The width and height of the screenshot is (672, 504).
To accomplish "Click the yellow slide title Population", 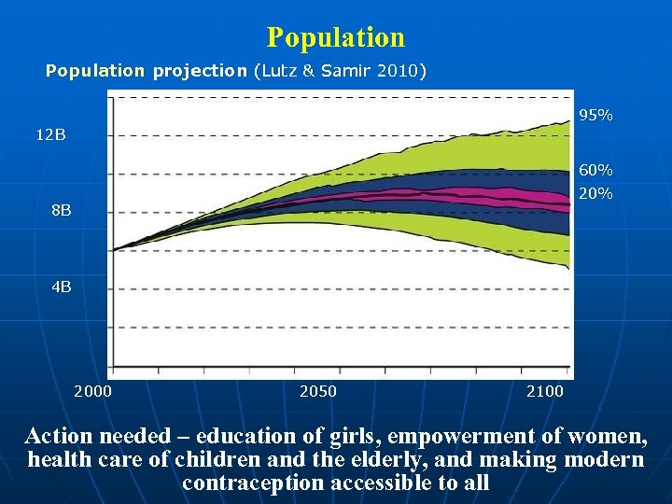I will point(336,37).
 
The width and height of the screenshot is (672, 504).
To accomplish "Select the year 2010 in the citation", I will point(399,71).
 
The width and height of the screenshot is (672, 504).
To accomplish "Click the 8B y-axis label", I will point(61,211).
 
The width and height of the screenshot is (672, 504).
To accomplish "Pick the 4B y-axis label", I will point(61,287).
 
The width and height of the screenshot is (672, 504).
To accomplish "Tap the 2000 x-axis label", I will point(92,391).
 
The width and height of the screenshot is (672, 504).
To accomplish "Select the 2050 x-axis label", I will point(318,391).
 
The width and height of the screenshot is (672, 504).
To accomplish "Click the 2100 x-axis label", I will point(545,391).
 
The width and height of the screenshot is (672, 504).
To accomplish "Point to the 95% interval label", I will point(595,116).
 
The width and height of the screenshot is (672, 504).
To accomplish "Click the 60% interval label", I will point(595,171).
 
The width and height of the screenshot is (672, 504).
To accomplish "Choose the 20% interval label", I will point(595,194).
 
